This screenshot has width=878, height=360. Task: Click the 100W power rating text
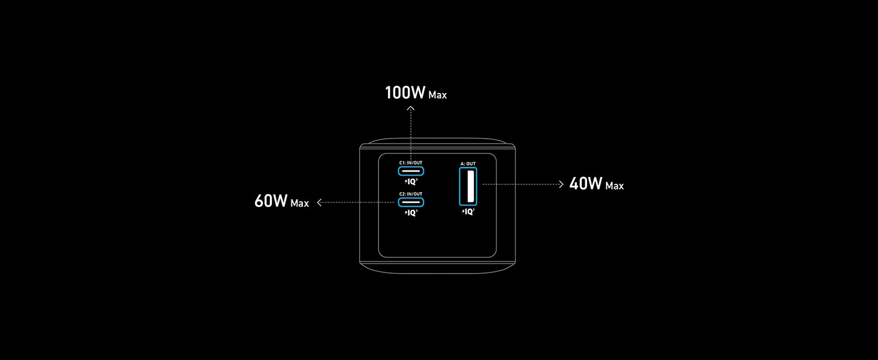405,93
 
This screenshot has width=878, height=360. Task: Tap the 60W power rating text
272,201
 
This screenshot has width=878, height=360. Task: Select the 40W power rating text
585,184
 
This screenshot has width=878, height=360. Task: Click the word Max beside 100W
437,95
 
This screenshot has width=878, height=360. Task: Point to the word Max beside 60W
299,203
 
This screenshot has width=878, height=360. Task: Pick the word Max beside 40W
614,186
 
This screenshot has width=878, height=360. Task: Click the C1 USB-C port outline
411,170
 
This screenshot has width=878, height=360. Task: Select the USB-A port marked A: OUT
468,187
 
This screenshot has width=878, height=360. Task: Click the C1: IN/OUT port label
411,163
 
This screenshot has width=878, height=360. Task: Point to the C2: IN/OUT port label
411,194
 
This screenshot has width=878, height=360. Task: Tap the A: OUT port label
468,163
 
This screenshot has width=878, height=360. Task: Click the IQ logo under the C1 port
411,181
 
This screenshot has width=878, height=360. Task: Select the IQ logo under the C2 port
411,212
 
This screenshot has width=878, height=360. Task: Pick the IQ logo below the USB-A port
468,211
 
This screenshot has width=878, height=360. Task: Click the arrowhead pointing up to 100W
411,108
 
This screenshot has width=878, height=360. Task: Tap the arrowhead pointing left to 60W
320,203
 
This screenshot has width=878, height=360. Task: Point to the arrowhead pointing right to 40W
561,184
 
